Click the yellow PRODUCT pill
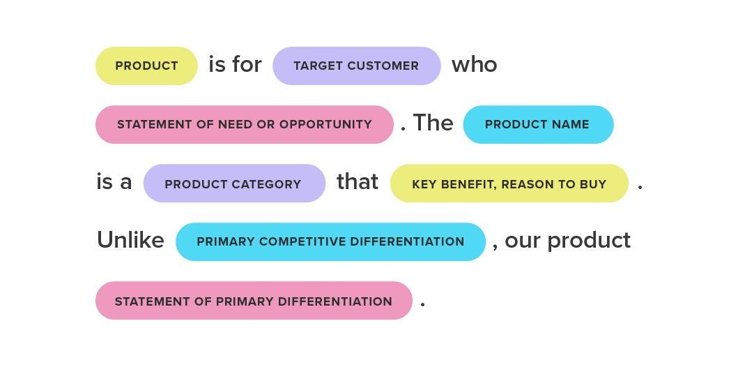click(x=146, y=66)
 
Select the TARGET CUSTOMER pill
click(x=356, y=66)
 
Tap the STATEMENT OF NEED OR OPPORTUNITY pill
click(x=244, y=125)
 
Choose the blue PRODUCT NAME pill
click(x=537, y=125)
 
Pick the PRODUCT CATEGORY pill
click(x=233, y=184)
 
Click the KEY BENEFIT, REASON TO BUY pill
click(x=509, y=184)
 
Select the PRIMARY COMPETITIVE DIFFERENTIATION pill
click(x=330, y=242)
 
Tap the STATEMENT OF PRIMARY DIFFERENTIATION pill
click(x=253, y=301)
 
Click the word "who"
click(x=474, y=65)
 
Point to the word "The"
click(x=433, y=123)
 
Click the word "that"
click(x=358, y=182)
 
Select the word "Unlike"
click(x=130, y=241)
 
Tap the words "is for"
click(x=235, y=65)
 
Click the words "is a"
click(x=114, y=182)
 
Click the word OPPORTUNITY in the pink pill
click(x=325, y=125)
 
